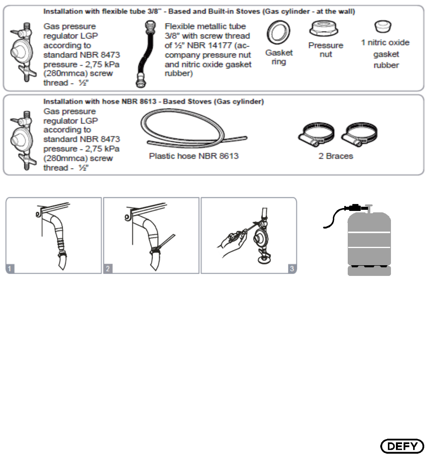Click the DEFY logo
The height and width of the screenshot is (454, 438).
[402, 446]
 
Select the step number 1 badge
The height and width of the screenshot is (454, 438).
[10, 269]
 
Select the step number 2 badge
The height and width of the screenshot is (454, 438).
[108, 269]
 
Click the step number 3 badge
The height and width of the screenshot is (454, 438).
[292, 269]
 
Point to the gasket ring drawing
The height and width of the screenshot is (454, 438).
[278, 33]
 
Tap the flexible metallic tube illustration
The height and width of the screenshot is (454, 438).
[144, 55]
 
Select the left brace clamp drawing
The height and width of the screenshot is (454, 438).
[316, 135]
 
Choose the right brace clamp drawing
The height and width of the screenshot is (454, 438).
[358, 135]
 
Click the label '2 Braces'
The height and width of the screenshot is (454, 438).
[335, 156]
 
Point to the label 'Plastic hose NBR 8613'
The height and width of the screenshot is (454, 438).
[194, 156]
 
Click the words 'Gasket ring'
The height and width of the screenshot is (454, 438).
[279, 57]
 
